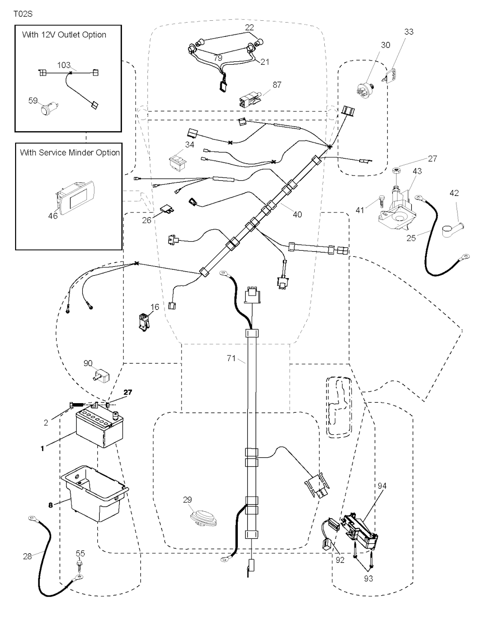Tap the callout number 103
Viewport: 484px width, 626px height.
64,65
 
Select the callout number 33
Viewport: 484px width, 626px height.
409,32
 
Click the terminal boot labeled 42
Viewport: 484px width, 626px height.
451,229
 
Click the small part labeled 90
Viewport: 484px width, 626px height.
100,376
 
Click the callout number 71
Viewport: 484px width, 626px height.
231,358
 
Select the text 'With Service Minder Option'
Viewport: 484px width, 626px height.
69,152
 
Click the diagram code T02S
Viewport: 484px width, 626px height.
23,14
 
